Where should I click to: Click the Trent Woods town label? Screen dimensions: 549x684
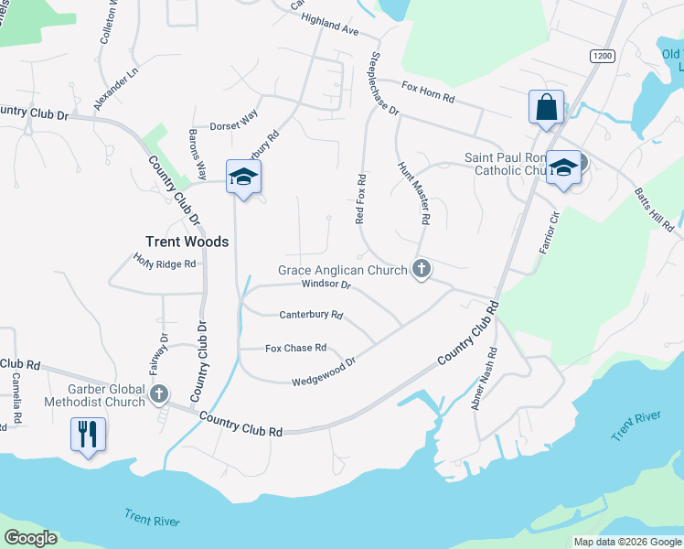point(187,242)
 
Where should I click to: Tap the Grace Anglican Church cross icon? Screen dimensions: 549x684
point(421,269)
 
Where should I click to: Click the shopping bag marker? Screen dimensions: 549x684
point(546,106)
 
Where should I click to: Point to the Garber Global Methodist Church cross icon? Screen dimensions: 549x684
point(159,394)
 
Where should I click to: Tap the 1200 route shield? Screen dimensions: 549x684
point(602,57)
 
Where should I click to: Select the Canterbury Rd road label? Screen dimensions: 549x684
point(311,316)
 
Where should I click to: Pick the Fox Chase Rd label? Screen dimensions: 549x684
point(295,348)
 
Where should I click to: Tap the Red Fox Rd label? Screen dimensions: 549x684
point(361,199)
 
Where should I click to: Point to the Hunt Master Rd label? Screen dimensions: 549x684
point(413,193)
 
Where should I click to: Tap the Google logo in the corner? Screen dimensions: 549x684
point(30,538)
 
